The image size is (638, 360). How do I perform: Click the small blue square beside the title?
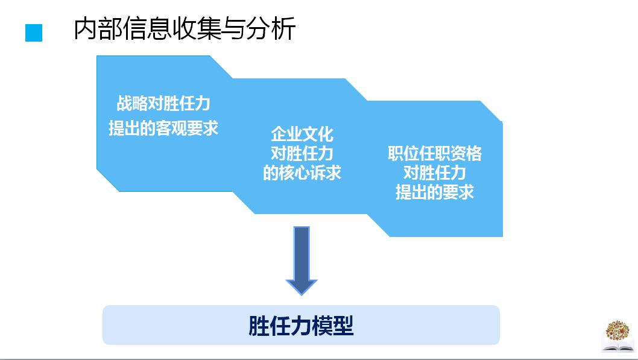[x=34, y=33]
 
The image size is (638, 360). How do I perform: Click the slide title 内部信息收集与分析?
[x=185, y=29]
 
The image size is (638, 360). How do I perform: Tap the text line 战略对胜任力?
[x=163, y=104]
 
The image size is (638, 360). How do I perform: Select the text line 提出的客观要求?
[x=163, y=128]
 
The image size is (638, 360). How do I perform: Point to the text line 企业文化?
[x=302, y=133]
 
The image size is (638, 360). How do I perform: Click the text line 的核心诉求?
[x=302, y=173]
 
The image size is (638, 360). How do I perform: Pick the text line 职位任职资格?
[x=435, y=153]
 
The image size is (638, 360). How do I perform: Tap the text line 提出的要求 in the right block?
[x=435, y=192]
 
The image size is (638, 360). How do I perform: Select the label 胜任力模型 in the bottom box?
[x=301, y=326]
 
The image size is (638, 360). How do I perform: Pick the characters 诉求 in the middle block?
[x=326, y=173]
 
